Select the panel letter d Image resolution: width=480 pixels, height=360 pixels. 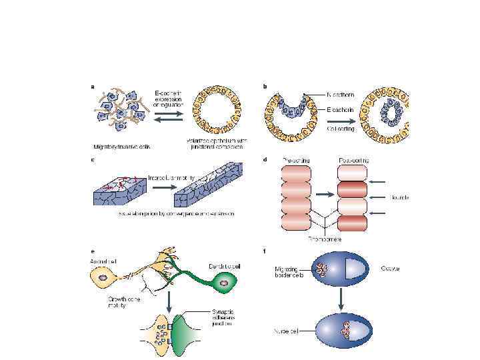click(x=266, y=159)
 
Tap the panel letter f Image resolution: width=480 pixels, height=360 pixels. click(x=266, y=251)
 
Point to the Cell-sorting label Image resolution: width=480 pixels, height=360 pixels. click(x=341, y=128)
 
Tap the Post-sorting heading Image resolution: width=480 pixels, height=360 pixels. click(x=354, y=160)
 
